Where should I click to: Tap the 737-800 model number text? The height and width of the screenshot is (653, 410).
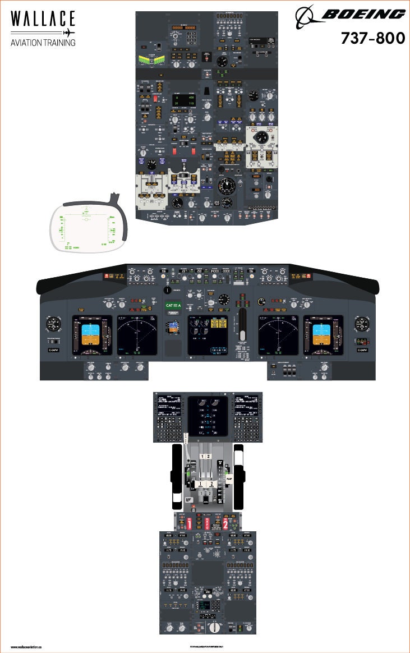click(372, 38)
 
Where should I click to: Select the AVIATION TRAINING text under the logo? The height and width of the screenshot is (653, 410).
click(43, 43)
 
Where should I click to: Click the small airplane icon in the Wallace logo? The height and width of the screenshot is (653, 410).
click(69, 32)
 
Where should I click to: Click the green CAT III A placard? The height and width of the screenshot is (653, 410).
click(174, 306)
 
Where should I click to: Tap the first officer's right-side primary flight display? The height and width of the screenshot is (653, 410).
click(323, 335)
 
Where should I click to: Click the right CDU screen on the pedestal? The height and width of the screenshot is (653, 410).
click(247, 405)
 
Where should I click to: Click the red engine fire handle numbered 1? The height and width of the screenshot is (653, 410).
click(189, 523)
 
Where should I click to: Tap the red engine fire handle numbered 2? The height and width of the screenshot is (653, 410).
click(225, 523)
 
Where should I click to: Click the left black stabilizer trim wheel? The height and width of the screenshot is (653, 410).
click(177, 474)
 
